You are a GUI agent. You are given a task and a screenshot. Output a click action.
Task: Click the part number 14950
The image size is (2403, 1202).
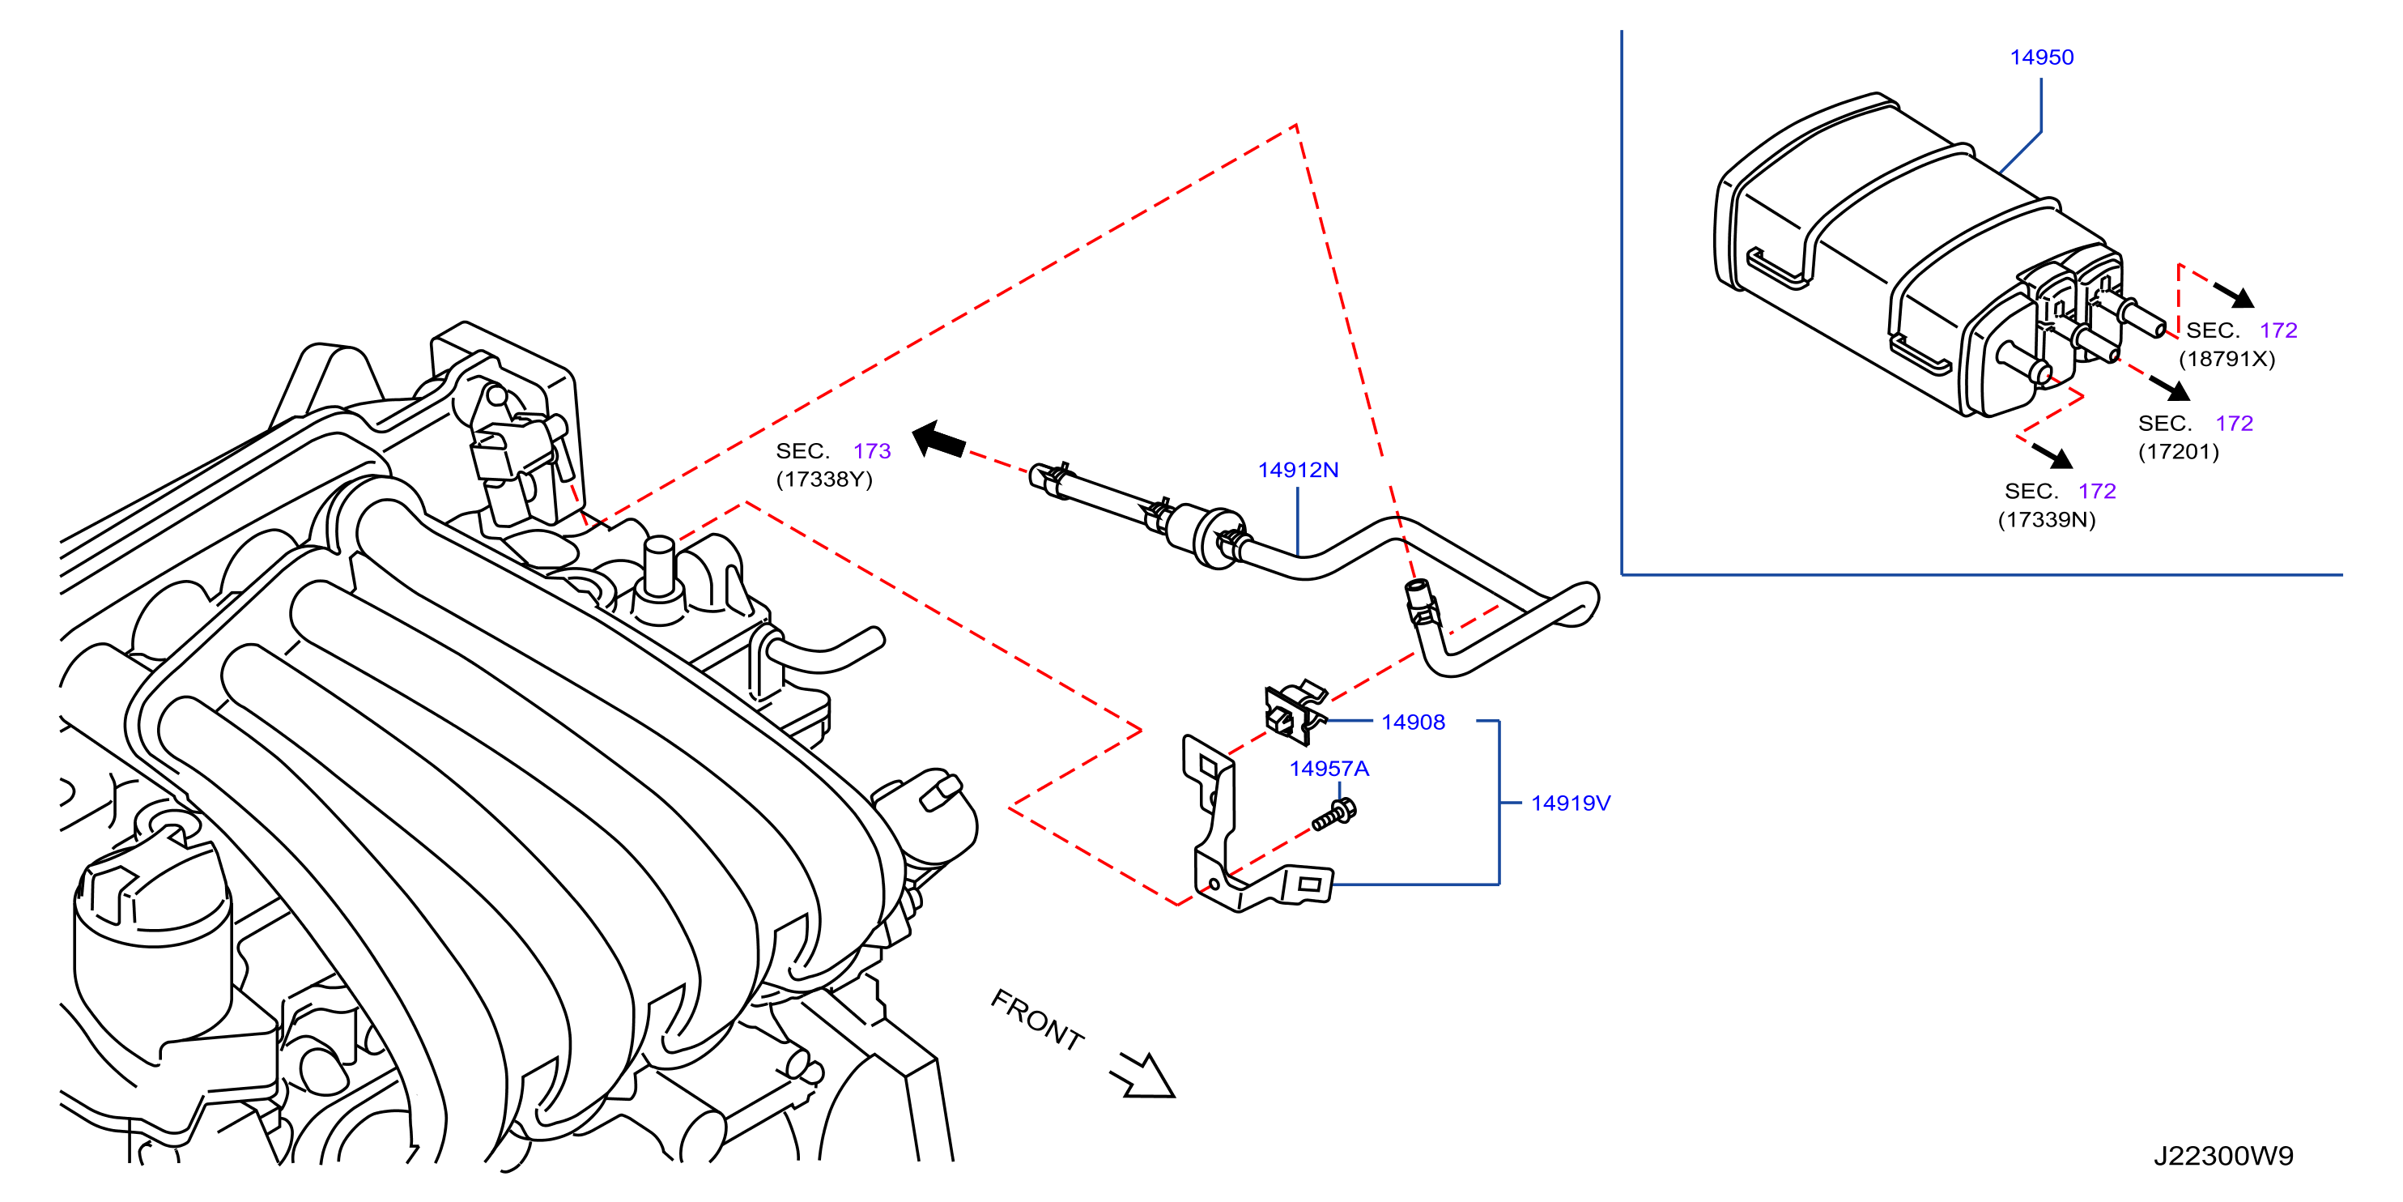(x=2041, y=57)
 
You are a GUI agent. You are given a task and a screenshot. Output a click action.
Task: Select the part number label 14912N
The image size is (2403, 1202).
(x=1298, y=470)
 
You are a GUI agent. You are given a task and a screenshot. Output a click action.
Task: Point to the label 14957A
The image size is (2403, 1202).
(x=1329, y=768)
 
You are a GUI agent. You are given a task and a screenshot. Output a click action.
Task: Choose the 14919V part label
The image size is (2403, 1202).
(x=1570, y=803)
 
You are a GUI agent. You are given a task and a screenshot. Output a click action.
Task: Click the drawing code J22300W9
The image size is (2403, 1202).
(x=2223, y=1155)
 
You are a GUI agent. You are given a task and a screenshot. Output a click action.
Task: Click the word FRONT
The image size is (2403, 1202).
(x=1037, y=1019)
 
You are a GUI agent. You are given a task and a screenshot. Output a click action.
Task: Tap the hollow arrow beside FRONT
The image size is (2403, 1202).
(x=1144, y=1076)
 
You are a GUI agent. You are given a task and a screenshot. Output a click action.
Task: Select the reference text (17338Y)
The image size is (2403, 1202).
(x=823, y=479)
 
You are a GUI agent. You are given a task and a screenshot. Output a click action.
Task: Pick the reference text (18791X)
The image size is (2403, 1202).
(x=2226, y=358)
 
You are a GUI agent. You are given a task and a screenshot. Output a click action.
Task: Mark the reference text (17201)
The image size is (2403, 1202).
(x=2178, y=452)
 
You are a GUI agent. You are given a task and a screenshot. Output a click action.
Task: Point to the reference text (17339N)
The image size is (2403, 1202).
(x=2047, y=520)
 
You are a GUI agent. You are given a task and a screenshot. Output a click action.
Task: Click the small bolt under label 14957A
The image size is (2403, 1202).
(x=1334, y=815)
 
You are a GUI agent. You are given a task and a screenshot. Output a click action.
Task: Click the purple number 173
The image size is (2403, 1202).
(x=872, y=450)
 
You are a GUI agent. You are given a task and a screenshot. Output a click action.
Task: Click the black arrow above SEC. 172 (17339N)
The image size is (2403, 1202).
(x=2052, y=455)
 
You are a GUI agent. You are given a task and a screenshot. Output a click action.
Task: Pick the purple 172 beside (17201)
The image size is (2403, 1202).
(x=2234, y=423)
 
